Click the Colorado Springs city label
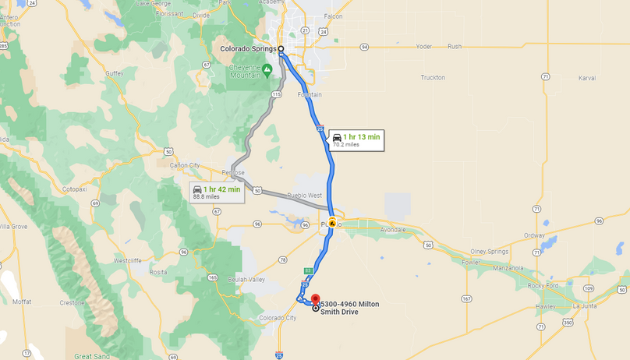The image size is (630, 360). pyautogui.click(x=247, y=49)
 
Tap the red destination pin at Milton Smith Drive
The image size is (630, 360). pyautogui.click(x=314, y=300)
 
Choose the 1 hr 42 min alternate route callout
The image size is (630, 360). pyautogui.click(x=216, y=192)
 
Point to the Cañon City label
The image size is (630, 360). pyautogui.click(x=184, y=165)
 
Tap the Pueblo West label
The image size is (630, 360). pyautogui.click(x=305, y=196)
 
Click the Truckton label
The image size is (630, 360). pyautogui.click(x=433, y=77)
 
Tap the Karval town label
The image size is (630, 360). pyautogui.click(x=587, y=78)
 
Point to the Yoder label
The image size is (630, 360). pyautogui.click(x=424, y=46)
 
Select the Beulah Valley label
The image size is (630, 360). pyautogui.click(x=248, y=279)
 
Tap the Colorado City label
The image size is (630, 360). pyautogui.click(x=278, y=317)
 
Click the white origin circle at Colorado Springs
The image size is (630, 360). pyautogui.click(x=281, y=49)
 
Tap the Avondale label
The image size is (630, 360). pyautogui.click(x=393, y=230)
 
